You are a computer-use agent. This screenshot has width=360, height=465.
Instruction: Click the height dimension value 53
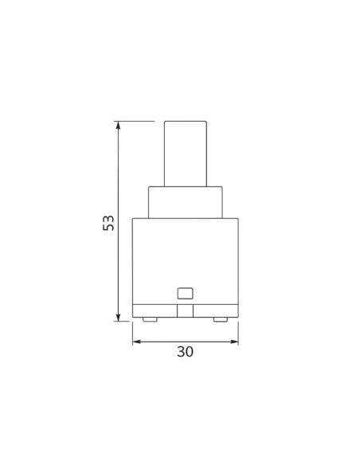108,223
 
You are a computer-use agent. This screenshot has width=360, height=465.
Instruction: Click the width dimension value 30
186,352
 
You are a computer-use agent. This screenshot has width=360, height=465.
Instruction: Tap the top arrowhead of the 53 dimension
119,126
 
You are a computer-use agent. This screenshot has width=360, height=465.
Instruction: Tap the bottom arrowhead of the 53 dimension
119,317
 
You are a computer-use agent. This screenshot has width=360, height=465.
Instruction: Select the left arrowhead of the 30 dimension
137,342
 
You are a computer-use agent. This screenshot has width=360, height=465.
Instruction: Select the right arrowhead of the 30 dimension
234,342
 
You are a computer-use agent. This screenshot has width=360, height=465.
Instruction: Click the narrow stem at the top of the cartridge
186,154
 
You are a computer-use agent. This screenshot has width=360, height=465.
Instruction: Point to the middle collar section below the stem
186,202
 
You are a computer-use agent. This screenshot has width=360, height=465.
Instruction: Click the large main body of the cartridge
186,261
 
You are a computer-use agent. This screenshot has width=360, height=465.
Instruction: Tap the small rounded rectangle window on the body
186,294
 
